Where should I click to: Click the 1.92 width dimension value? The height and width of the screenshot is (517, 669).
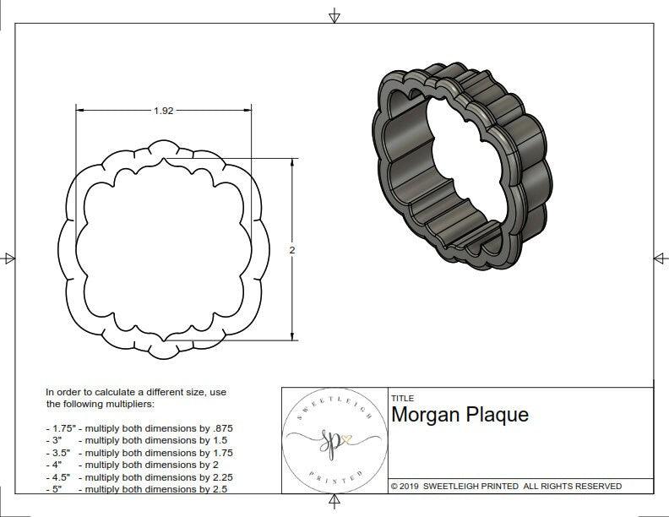tap(164, 111)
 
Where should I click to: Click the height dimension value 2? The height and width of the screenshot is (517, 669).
tap(292, 250)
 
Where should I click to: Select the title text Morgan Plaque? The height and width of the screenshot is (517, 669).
tap(460, 415)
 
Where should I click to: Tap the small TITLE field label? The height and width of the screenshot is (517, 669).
tap(402, 398)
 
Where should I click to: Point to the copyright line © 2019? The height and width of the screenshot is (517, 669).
tap(506, 486)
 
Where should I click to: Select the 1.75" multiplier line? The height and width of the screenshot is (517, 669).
tap(139, 428)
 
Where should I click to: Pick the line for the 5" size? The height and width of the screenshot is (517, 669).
tap(137, 488)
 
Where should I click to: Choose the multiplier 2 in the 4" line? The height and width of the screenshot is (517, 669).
tap(215, 465)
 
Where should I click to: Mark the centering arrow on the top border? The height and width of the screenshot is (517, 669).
tap(334, 15)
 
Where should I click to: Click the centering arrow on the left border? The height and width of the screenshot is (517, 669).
tap(9, 258)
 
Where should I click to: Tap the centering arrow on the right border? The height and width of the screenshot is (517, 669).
tap(659, 258)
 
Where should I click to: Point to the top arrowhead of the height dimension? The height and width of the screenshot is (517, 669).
tap(292, 161)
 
